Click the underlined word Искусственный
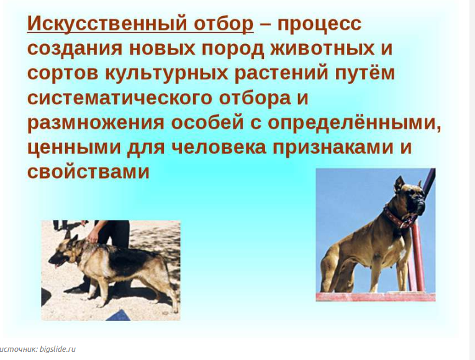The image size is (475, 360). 107,24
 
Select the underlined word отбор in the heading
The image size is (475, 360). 224,24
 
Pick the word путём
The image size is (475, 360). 364,73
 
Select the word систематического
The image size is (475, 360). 120,98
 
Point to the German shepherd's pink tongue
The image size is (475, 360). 56,266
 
